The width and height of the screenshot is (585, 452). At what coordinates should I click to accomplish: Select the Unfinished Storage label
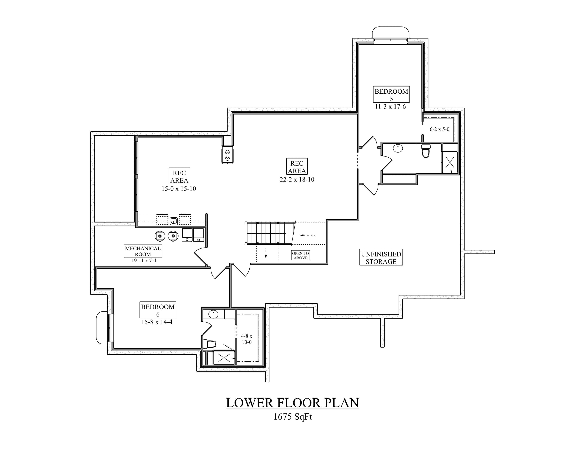[381, 257]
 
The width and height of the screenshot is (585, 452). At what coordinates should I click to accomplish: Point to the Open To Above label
[300, 255]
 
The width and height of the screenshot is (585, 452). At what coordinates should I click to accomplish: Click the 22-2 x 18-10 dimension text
[297, 179]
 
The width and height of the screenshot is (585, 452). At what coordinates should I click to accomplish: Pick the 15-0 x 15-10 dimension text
[179, 189]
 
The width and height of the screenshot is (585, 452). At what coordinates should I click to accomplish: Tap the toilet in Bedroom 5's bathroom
[426, 151]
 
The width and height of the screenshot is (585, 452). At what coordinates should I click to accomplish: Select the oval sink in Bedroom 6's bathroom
[213, 314]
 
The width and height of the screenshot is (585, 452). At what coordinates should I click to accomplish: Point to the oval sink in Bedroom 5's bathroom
[398, 148]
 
